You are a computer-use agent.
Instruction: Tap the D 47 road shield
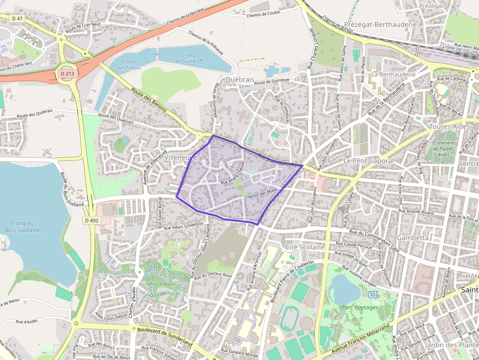(x=18, y=18)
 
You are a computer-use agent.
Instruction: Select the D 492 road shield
(x=91, y=220)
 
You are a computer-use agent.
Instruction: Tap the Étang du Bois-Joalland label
(x=22, y=226)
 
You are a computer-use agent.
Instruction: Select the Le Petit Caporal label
(x=368, y=161)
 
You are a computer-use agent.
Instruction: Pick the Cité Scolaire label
(x=305, y=247)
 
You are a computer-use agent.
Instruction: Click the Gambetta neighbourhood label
(x=413, y=237)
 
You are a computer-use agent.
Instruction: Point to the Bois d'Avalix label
(x=162, y=284)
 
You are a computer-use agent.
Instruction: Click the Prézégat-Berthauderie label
(x=380, y=24)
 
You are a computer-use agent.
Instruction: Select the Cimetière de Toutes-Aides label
(x=444, y=148)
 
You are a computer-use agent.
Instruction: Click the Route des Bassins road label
(x=150, y=101)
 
